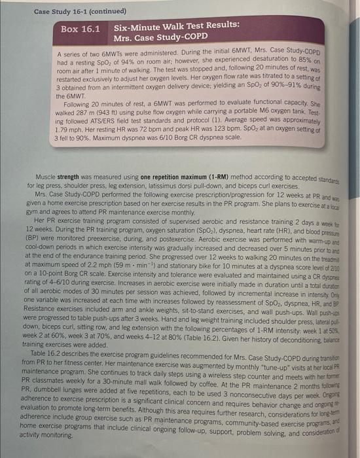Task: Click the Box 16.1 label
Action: click(80, 29)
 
